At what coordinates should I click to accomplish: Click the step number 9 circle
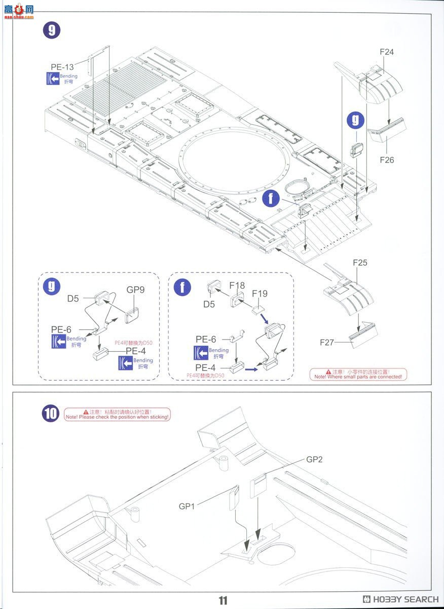point(51,30)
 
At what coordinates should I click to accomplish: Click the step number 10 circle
point(51,414)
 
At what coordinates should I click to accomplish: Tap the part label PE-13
point(62,67)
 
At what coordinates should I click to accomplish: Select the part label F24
point(386,52)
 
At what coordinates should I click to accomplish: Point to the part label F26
point(386,160)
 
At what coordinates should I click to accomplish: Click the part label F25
point(359,263)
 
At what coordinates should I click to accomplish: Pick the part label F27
point(327,343)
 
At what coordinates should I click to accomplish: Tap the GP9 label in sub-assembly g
point(135,290)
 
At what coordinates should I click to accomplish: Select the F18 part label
point(237,285)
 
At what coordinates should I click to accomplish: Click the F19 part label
point(260,293)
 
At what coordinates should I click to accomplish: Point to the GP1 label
point(187,506)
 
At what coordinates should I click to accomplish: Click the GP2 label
point(314,459)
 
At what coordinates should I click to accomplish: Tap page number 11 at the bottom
point(223,601)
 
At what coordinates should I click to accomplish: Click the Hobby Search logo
point(400,599)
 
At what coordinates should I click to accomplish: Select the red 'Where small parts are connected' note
point(358,374)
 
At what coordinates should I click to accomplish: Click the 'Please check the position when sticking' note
point(117,414)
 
